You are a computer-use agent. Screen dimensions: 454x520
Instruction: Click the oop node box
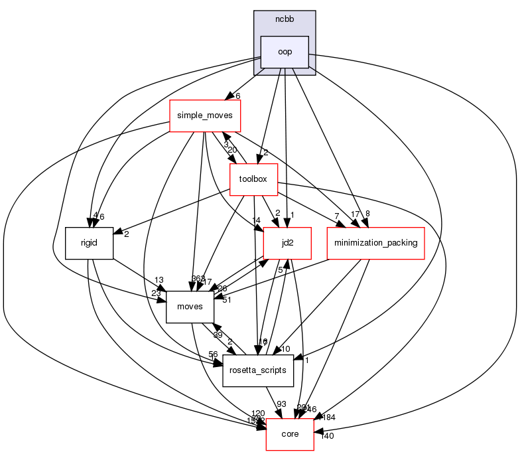pyautogui.click(x=285, y=52)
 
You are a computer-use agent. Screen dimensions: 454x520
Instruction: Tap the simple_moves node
pyautogui.click(x=204, y=116)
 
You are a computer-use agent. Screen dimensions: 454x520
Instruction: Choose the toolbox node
pyautogui.click(x=253, y=179)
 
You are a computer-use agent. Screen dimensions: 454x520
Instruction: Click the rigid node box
pyautogui.click(x=89, y=244)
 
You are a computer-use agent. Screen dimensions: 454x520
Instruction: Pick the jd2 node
pyautogui.click(x=288, y=243)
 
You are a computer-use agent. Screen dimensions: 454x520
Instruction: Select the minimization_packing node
pyautogui.click(x=375, y=243)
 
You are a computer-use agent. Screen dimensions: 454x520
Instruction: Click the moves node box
pyautogui.click(x=190, y=306)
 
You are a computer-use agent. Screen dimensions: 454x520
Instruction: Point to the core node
pyautogui.click(x=290, y=434)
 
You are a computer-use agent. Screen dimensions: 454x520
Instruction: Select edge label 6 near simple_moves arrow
pyautogui.click(x=237, y=96)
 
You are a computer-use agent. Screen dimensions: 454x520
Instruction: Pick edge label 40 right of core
pyautogui.click(x=326, y=436)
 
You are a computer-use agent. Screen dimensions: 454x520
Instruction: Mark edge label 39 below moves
pyautogui.click(x=218, y=335)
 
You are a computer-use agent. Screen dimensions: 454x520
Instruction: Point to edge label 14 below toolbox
pyautogui.click(x=257, y=220)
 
